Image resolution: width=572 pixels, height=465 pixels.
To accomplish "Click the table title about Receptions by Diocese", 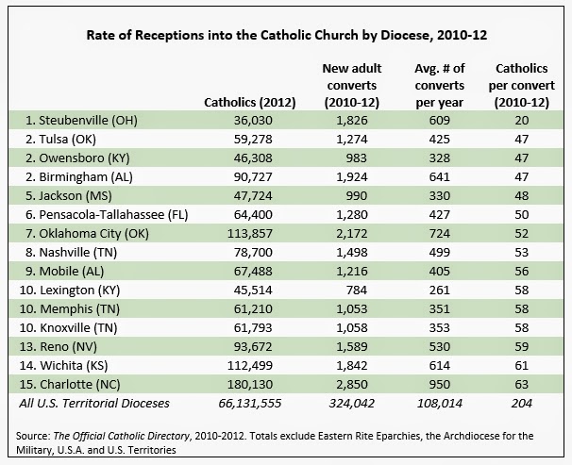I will coord(286,37).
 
